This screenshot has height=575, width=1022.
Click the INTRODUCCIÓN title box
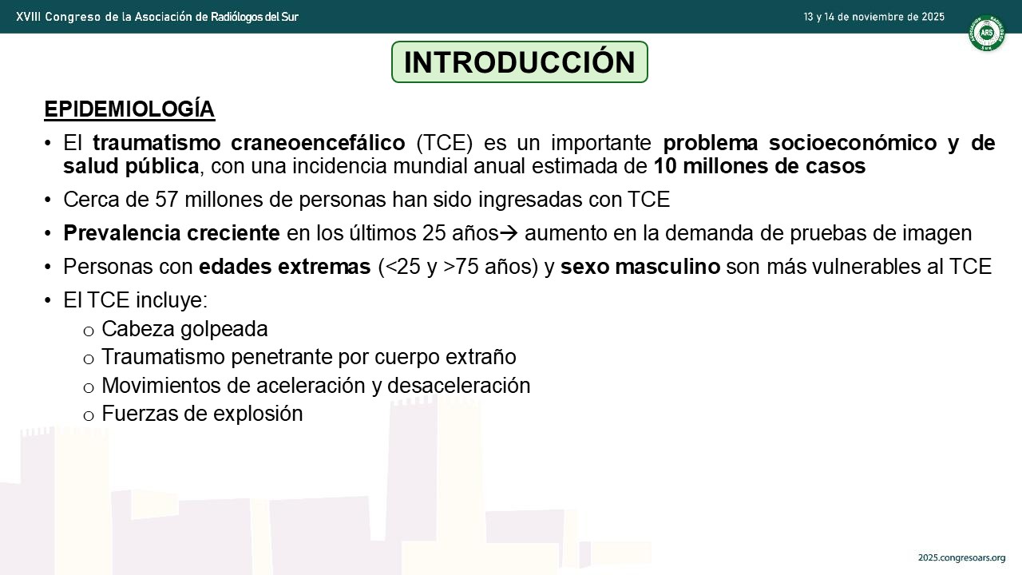coord(520,62)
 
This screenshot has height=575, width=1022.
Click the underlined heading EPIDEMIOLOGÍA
coord(129,109)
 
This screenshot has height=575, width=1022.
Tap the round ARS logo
coord(986,33)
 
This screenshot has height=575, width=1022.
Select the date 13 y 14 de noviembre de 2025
coord(873,17)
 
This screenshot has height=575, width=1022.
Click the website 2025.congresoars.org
coord(962,557)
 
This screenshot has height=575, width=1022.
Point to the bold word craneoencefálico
coord(318,142)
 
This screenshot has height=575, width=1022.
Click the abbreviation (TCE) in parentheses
coord(445,142)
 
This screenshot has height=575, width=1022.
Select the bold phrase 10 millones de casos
coord(759,165)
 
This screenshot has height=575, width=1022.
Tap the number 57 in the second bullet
coord(167,200)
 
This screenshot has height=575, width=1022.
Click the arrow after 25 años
coord(509,233)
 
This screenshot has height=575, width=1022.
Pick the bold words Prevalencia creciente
coord(172,232)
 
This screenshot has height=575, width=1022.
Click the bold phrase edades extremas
coord(285,267)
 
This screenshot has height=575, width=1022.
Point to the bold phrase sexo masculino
coord(640,267)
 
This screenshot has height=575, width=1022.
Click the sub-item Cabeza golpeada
coord(184,328)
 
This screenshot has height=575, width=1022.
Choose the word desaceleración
coord(459,386)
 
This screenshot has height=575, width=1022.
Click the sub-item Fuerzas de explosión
coord(202,414)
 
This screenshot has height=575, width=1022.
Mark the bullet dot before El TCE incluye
coord(47,301)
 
